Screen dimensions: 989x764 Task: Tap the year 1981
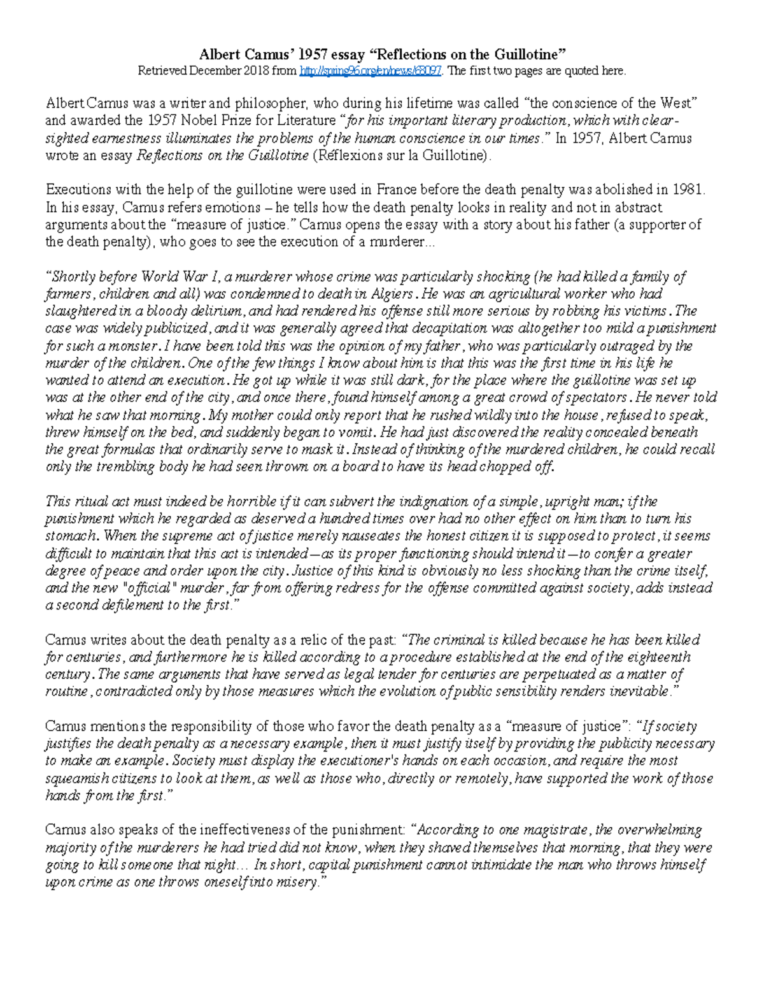pos(691,190)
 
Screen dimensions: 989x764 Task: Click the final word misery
pos(296,883)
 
